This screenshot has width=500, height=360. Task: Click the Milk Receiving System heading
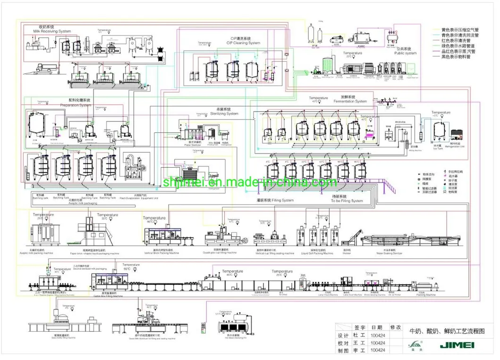pos(52,31)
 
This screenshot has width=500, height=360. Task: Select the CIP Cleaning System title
pos(243,43)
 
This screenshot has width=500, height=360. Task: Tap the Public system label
pos(406,53)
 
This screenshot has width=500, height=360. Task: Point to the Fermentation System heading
pos(350,101)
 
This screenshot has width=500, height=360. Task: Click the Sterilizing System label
pos(224,113)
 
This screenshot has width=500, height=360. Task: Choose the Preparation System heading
pos(76,105)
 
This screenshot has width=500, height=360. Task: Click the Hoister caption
pos(347,253)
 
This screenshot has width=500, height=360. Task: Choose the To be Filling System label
pos(347,201)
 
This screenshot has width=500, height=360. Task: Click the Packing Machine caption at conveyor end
pos(428,295)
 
